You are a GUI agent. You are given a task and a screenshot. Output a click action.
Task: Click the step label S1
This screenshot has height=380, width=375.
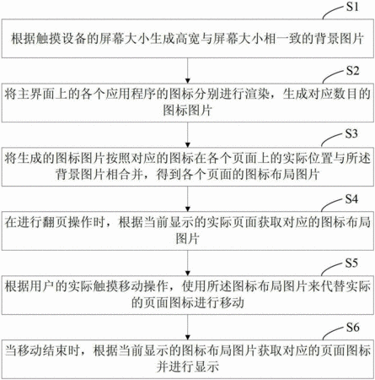(x=352, y=7)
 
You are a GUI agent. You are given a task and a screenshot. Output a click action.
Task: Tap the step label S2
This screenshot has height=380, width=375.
(x=352, y=71)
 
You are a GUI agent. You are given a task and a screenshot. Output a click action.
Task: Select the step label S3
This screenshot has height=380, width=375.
(x=351, y=133)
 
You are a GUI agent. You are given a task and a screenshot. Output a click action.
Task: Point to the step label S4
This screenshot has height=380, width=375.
(x=351, y=199)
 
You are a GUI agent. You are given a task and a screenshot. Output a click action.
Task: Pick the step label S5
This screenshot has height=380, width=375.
(x=351, y=263)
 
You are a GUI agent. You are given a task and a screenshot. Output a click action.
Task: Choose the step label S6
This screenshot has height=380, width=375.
(x=352, y=327)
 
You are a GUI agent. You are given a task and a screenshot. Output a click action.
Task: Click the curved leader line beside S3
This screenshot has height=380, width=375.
(x=333, y=138)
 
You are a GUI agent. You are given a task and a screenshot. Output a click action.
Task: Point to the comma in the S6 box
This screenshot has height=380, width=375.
(x=84, y=354)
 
